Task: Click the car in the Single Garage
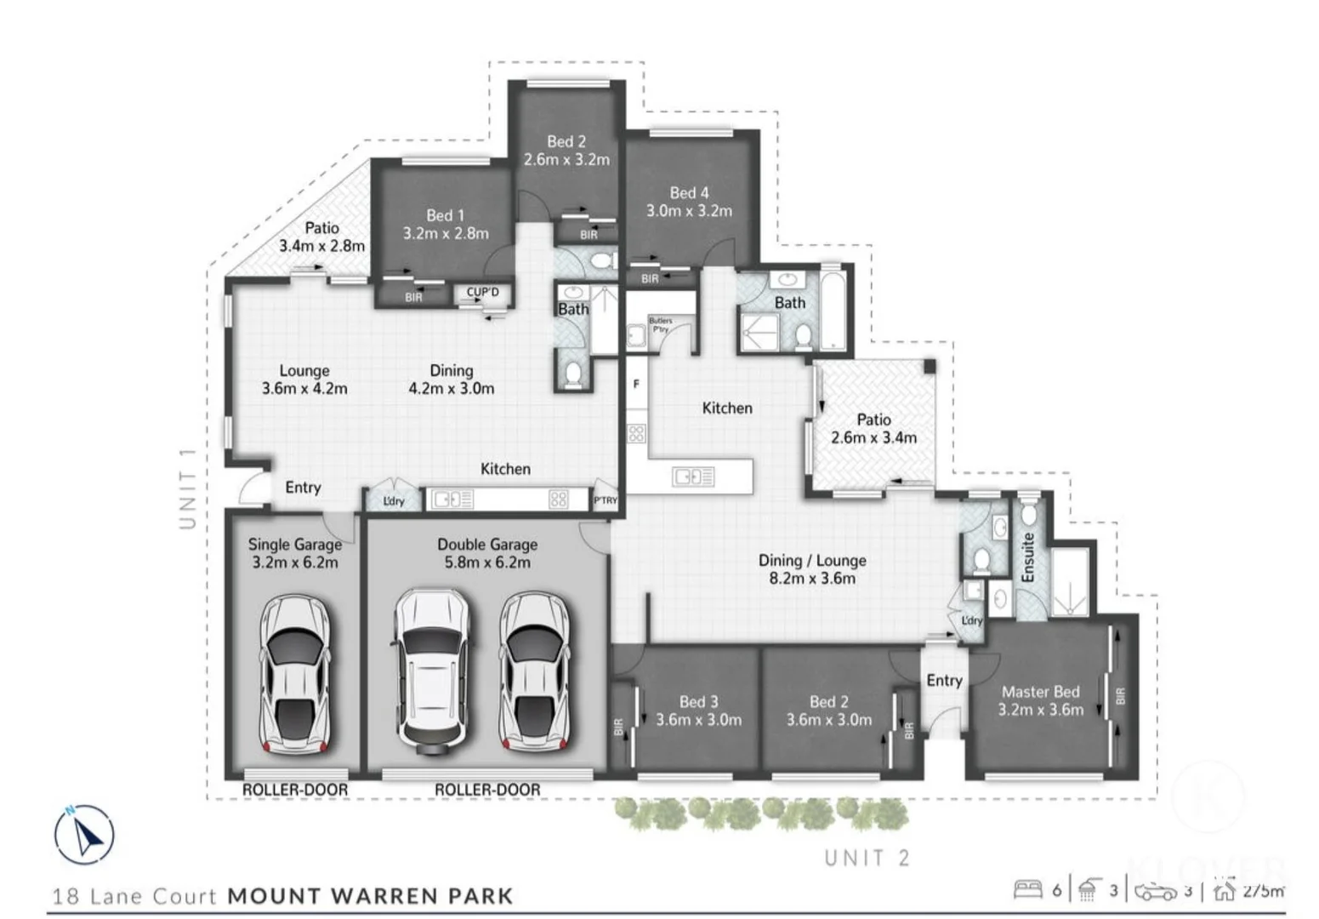[294, 674]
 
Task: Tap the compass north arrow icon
[84, 835]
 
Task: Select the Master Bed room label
[1040, 700]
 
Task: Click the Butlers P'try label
[660, 324]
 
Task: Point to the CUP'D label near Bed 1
[482, 292]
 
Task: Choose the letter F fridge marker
[636, 384]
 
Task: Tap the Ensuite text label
[1027, 557]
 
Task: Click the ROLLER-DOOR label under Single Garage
[295, 790]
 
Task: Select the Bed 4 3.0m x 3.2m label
[689, 202]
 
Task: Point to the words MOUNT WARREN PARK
[371, 896]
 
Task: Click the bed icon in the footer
[1027, 890]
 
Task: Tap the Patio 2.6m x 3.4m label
[873, 428]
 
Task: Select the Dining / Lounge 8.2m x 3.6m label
[812, 568]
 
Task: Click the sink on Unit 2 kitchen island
[693, 477]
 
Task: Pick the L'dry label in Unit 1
[394, 501]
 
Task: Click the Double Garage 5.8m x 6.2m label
[487, 553]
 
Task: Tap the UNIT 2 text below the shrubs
[867, 858]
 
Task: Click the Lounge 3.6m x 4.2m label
[304, 379]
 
